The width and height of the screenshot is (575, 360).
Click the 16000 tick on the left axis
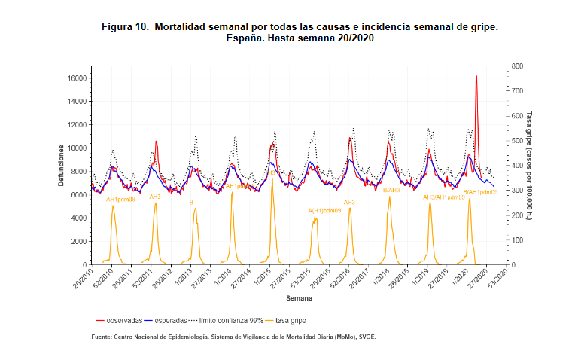(x=78, y=78)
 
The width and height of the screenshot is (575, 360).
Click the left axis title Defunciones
(x=61, y=166)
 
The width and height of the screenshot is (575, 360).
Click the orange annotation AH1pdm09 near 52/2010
(x=120, y=200)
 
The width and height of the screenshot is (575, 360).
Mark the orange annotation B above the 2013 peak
(x=191, y=203)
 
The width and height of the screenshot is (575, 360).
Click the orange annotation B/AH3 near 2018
(x=391, y=191)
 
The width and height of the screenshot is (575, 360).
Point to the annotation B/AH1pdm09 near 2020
(x=479, y=192)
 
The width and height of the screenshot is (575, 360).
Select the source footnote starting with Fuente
(x=233, y=337)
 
